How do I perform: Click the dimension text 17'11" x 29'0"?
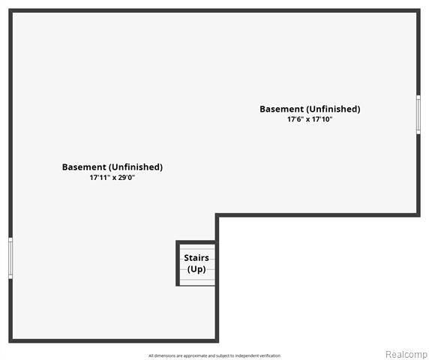112,178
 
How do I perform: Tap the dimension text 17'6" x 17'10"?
310,119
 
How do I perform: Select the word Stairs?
196,258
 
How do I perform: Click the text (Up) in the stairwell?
196,269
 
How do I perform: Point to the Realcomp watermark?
406,354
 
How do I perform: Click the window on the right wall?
418,115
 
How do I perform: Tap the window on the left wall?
10,258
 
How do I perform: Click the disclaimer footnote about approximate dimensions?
214,355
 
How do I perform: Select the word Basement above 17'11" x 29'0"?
84,166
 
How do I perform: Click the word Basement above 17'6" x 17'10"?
281,109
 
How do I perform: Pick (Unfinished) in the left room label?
136,166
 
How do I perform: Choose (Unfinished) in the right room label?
333,109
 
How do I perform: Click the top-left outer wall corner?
10,10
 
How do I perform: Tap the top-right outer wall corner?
418,10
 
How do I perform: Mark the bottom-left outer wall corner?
10,340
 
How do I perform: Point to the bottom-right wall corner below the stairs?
217,340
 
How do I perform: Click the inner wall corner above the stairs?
217,215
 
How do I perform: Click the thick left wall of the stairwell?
178,263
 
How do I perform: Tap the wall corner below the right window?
418,215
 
